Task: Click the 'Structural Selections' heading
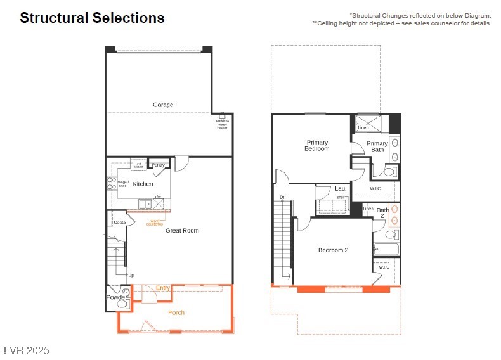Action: [92, 18]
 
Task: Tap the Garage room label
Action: [163, 105]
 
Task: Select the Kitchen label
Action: [143, 184]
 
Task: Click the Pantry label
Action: [159, 165]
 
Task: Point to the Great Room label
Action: [182, 231]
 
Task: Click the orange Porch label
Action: [176, 312]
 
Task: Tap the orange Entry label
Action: [163, 288]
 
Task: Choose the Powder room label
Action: [115, 297]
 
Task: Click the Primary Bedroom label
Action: [317, 146]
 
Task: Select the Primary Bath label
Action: [377, 146]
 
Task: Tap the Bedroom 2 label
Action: [333, 250]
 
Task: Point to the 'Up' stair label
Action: [131, 275]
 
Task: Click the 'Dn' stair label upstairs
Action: [283, 198]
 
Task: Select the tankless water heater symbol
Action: [222, 116]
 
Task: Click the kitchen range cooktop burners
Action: [112, 183]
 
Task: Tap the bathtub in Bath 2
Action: [386, 249]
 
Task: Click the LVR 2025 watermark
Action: [26, 350]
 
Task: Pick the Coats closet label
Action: [119, 222]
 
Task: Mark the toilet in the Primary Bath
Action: [388, 171]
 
